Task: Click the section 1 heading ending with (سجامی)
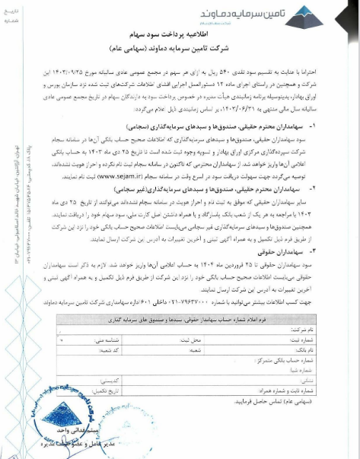(229, 124)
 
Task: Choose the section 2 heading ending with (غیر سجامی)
(221, 190)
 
